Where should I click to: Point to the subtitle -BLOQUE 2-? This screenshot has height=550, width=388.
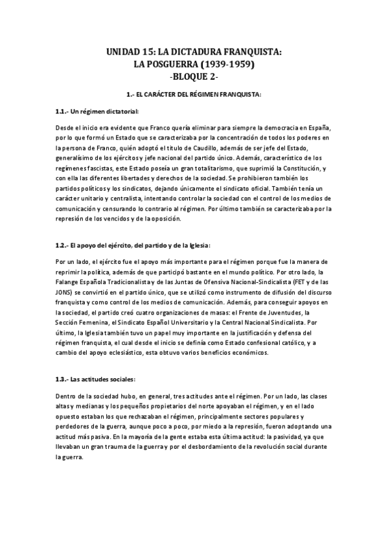[194, 77]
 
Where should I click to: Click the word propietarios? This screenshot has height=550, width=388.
[158, 408]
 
